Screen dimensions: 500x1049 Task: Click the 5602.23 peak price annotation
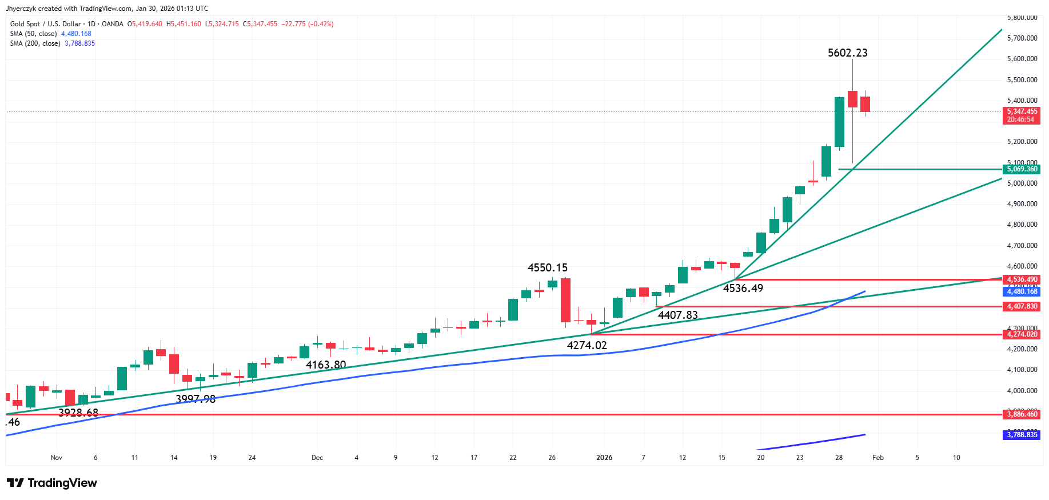(847, 53)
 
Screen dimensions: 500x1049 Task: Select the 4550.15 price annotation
(547, 268)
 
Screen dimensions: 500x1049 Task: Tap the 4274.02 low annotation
(587, 345)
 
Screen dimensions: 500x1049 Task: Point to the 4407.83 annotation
(677, 315)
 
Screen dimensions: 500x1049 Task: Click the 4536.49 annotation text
(743, 289)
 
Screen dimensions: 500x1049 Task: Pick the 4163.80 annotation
(326, 365)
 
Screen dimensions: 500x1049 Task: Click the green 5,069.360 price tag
(1022, 169)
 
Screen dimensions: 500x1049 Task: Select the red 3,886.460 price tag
(1022, 414)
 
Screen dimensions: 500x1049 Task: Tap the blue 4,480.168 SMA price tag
(1022, 291)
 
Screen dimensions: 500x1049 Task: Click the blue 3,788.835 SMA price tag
(1022, 435)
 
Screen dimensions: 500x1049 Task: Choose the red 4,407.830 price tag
(1022, 306)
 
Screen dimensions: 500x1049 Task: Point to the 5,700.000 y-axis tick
(1022, 38)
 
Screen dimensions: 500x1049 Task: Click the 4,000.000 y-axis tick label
(1022, 391)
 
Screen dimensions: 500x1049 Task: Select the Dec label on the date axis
(317, 458)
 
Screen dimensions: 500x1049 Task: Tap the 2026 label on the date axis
(604, 458)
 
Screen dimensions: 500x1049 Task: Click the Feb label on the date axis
(878, 458)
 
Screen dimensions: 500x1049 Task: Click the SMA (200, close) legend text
(35, 43)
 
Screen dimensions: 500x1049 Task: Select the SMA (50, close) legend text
(33, 34)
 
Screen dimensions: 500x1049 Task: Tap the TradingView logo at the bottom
(52, 483)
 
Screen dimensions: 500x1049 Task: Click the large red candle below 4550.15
(565, 300)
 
